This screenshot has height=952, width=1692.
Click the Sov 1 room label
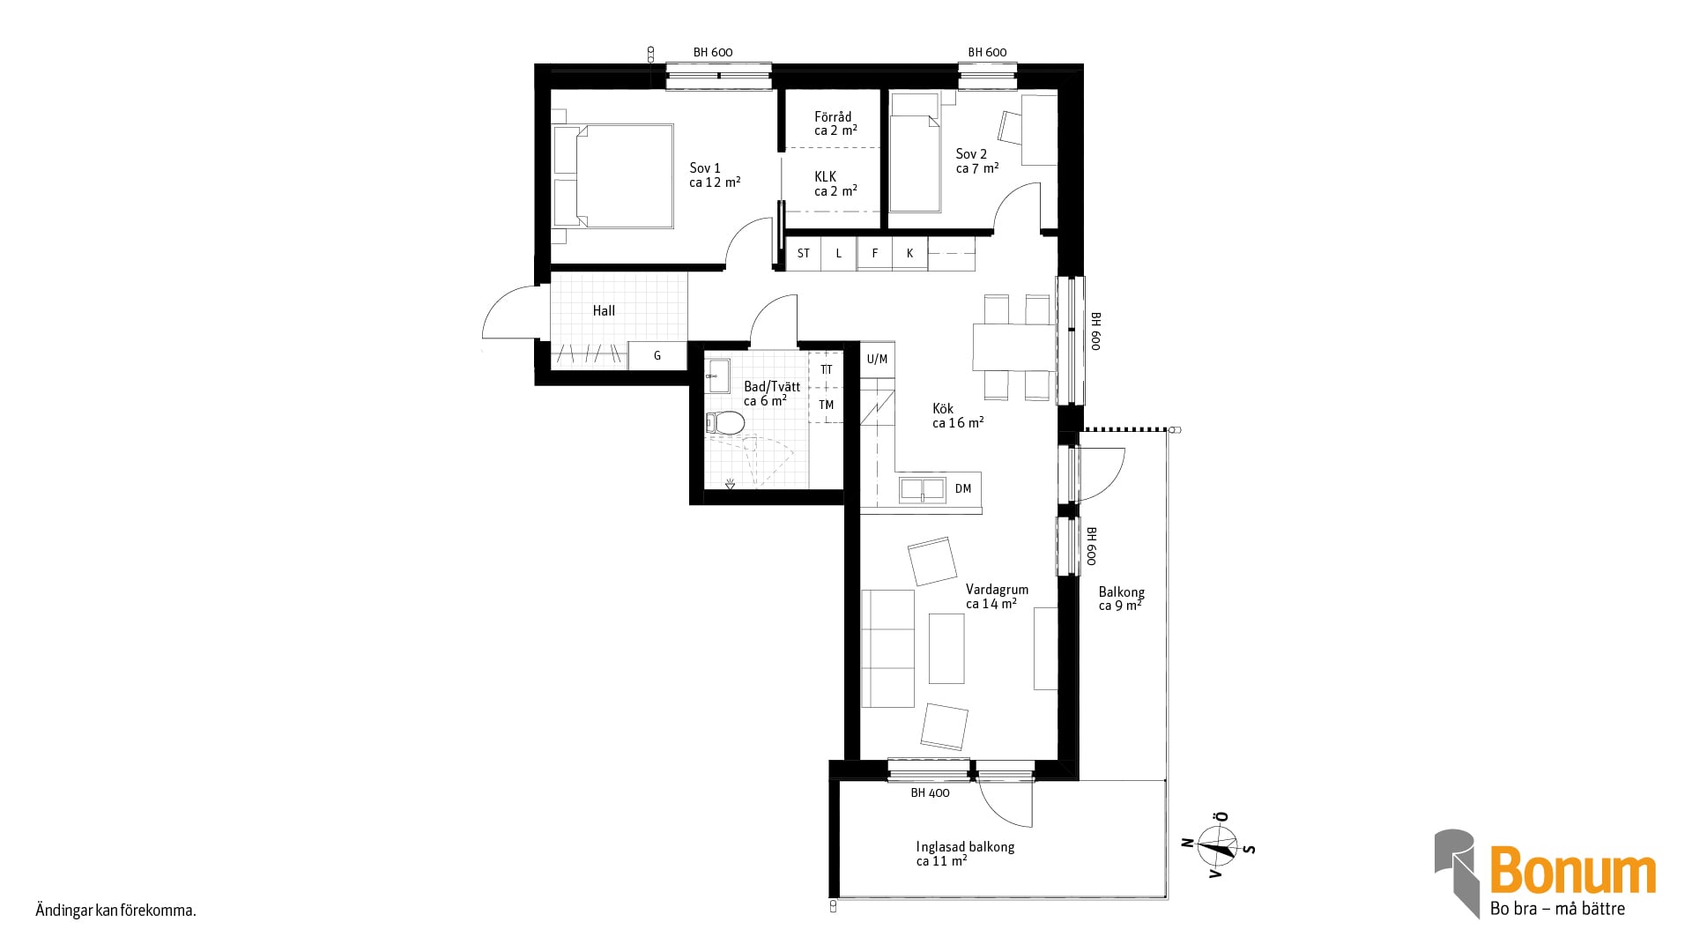714,175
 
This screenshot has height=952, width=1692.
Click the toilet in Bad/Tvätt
725,423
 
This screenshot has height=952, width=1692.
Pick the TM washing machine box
826,405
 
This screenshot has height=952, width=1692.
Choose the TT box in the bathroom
826,369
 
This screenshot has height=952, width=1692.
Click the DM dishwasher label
963,488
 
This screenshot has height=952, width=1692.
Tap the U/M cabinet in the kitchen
877,359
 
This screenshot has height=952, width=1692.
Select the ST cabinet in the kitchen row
803,254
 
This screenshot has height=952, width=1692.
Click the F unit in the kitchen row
874,254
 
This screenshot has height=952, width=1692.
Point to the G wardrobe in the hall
657,356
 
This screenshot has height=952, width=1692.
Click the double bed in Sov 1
613,176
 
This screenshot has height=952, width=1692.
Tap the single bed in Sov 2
915,153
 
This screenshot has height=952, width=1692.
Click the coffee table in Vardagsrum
946,649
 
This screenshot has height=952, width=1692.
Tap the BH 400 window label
930,793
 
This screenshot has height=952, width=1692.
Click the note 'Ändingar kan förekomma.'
115,911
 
